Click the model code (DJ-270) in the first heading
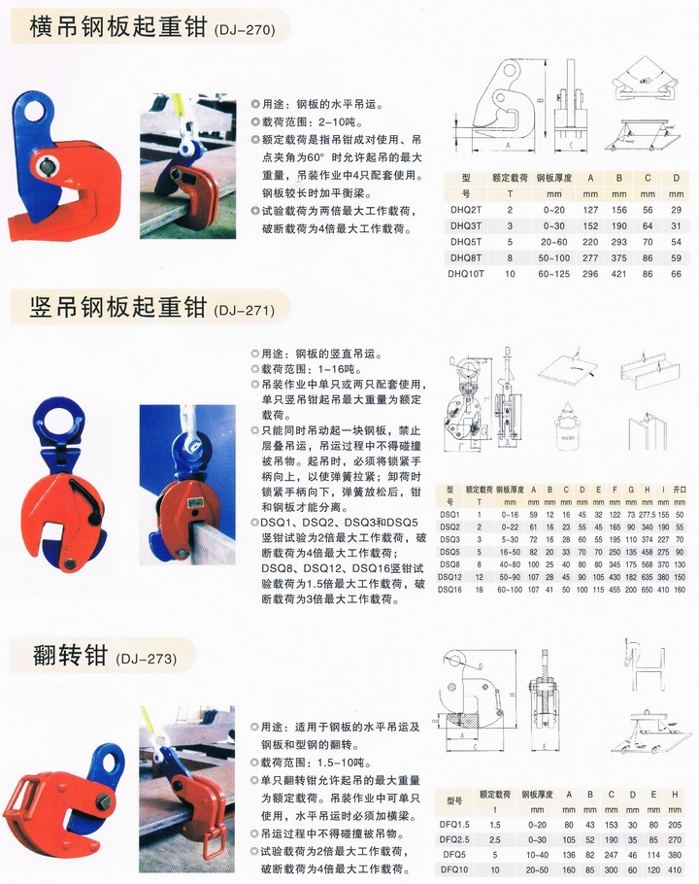pos(243,30)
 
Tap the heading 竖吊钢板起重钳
pos(113,308)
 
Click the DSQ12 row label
pos(449,576)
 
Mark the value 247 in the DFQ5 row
pos(610,854)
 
